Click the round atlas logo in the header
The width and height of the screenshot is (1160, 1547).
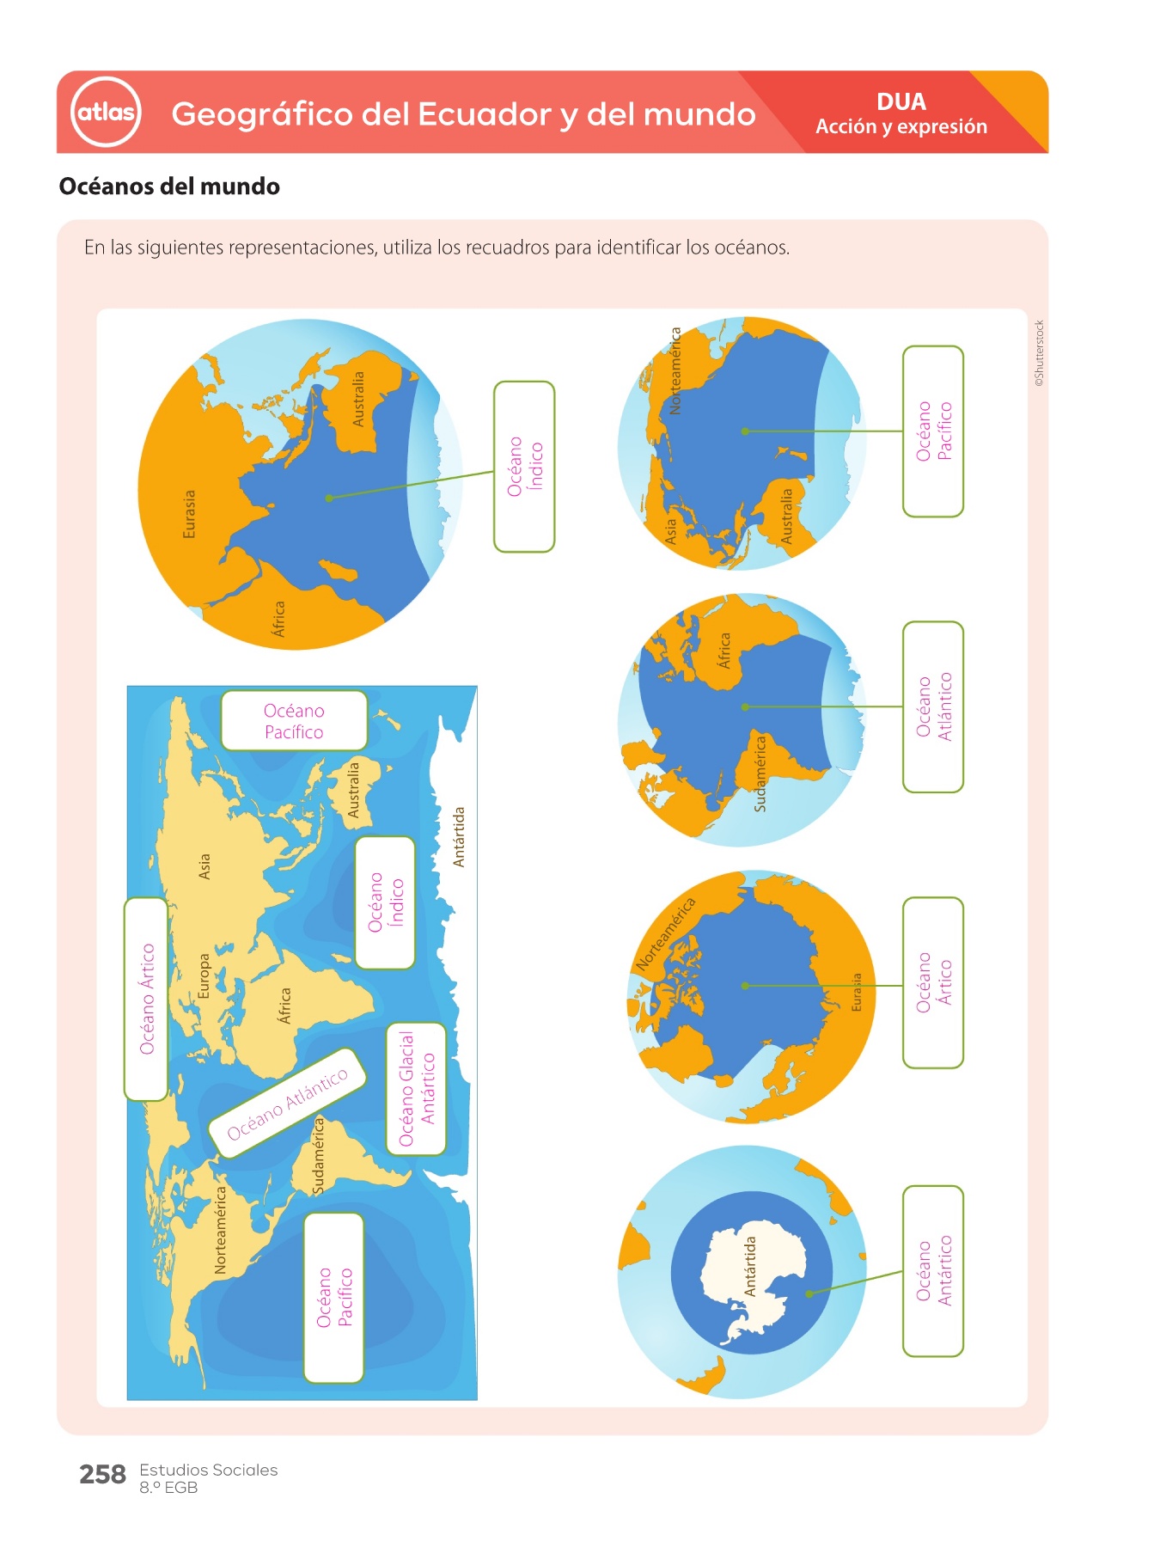[106, 112]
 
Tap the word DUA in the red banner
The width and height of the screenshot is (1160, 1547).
[901, 101]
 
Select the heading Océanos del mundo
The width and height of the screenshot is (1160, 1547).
[169, 186]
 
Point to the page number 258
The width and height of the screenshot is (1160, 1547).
[102, 1474]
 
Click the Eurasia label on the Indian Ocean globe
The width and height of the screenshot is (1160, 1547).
[189, 514]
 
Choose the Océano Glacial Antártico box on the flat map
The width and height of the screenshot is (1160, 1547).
[417, 1089]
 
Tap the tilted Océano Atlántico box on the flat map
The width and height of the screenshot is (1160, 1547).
[288, 1103]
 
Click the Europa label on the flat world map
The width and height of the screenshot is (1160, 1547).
[204, 975]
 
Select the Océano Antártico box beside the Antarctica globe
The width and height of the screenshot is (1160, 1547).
[933, 1271]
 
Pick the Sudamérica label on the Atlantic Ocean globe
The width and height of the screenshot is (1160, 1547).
[760, 773]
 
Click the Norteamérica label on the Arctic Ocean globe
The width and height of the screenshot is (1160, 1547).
[665, 934]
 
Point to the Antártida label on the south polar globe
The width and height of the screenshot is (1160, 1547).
[749, 1266]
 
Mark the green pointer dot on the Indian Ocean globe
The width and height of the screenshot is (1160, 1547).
[329, 498]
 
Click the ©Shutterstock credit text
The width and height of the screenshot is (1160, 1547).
[1040, 353]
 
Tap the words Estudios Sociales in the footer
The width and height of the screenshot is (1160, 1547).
[209, 1470]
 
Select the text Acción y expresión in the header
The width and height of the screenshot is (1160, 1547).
[901, 127]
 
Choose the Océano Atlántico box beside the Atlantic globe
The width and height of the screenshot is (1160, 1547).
[933, 706]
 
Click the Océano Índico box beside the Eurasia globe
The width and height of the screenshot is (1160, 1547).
[524, 467]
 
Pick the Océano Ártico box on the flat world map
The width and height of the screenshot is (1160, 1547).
[146, 999]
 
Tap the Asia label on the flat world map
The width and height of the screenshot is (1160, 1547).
[204, 866]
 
